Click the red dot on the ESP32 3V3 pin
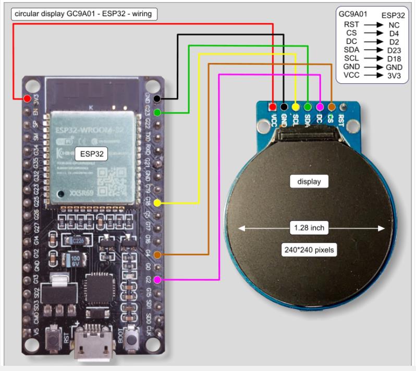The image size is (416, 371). click(x=27, y=98)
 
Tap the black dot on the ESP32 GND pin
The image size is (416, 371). click(x=157, y=98)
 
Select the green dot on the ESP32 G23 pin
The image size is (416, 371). click(x=157, y=112)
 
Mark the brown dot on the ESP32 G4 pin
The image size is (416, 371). click(x=157, y=254)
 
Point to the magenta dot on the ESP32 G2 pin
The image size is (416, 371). click(x=157, y=280)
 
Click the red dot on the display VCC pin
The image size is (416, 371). click(x=272, y=106)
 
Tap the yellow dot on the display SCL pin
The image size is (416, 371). click(x=296, y=106)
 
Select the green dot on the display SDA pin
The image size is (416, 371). click(x=308, y=106)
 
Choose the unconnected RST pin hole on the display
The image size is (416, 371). click(x=342, y=106)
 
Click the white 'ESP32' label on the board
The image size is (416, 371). click(x=91, y=154)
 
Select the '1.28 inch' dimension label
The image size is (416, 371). click(x=312, y=228)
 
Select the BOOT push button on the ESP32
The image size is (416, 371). click(x=133, y=337)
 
